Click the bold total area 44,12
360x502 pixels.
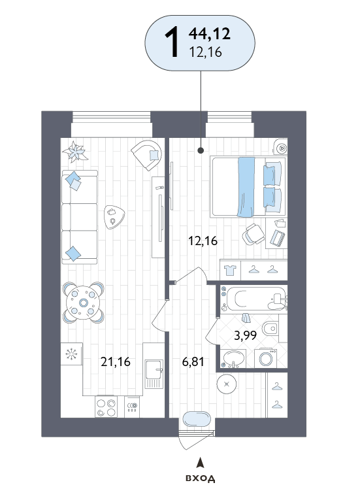coord(209,33)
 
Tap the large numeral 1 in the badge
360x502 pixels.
coord(172,42)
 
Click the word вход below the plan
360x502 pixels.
coord(201,478)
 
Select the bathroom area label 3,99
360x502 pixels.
coord(246,335)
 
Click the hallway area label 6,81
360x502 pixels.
coord(193,361)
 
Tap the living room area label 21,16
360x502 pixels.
coord(116,361)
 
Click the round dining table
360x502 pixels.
coord(83,303)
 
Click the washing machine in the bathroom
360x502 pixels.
coord(266,358)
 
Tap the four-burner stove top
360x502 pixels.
coord(106,407)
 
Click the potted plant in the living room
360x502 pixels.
coord(75,152)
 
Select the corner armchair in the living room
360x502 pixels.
coord(146,155)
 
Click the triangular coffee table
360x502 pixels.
coord(114,217)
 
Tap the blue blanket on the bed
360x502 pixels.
coord(246,187)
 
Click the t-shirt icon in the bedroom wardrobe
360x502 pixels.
coord(230,270)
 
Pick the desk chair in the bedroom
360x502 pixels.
coord(254,234)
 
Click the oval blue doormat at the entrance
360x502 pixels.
coord(197,419)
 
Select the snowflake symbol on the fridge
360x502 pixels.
coord(71,354)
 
